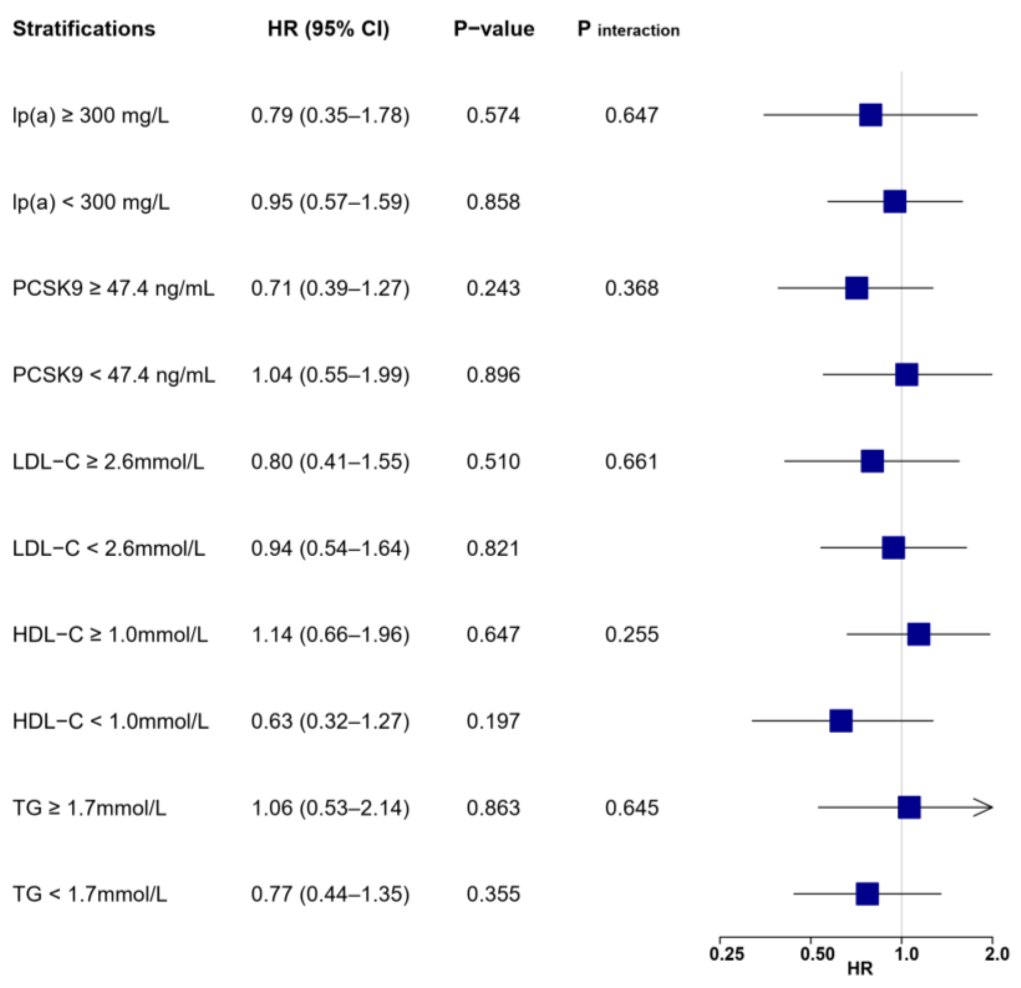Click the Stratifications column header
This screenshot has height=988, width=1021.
click(x=84, y=29)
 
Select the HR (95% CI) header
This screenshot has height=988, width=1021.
click(x=328, y=29)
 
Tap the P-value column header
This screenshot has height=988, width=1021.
click(x=493, y=29)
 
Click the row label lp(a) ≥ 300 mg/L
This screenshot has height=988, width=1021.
click(x=91, y=115)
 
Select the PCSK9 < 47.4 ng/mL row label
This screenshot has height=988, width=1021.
click(x=114, y=375)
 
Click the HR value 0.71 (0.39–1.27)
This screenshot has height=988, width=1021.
click(x=330, y=288)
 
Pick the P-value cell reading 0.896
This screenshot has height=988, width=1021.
click(x=493, y=375)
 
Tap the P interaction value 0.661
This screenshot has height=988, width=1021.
click(x=631, y=462)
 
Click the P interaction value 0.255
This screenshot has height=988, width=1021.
click(x=631, y=635)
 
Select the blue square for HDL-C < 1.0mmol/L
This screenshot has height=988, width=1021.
click(x=841, y=721)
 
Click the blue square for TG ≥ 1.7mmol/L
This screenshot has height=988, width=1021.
click(x=909, y=808)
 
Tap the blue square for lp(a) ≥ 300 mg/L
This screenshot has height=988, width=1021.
click(x=871, y=115)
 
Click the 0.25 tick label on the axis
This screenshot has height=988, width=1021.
click(x=727, y=954)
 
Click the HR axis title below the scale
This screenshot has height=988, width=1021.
click(x=859, y=969)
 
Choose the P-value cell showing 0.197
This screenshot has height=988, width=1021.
click(x=493, y=721)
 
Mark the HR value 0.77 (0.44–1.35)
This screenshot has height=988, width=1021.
click(x=330, y=894)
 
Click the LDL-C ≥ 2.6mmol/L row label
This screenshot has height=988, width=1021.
click(x=108, y=462)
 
